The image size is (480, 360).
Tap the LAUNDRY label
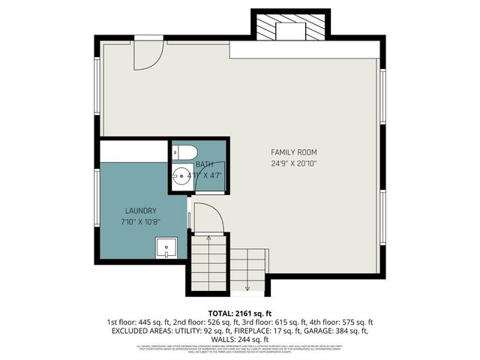pos(140,211)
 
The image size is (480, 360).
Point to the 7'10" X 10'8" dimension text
pos(140,223)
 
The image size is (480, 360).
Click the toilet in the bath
pos(180,151)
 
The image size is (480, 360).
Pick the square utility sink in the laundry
pos(166,247)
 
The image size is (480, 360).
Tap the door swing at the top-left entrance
pos(148,55)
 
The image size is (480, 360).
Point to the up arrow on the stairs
pos(208,238)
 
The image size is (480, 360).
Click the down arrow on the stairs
pos(247,286)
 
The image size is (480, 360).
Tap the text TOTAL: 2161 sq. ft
pos(239,313)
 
